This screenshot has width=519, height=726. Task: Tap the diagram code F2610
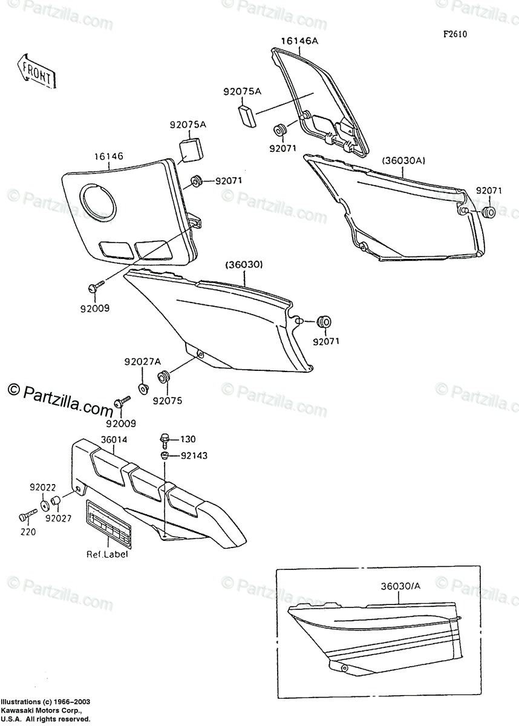454,34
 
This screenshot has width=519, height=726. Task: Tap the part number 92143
193,456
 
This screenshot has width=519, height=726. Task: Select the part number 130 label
189,439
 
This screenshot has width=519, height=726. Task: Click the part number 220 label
28,532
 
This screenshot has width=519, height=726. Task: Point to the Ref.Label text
106,553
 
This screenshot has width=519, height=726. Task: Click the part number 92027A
143,362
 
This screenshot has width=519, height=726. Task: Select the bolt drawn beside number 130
164,438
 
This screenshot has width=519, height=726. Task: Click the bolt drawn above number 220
25,517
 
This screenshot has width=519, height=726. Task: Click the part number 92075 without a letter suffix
166,400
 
